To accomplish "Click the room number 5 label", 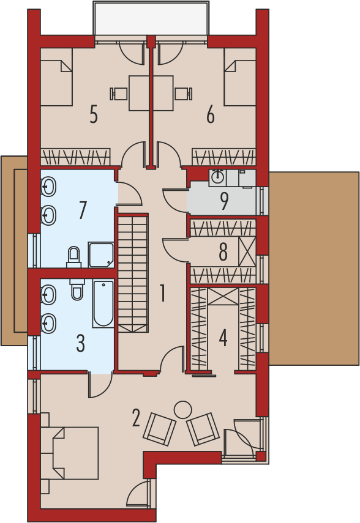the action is coord(94,114).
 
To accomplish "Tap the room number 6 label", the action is coord(211,114).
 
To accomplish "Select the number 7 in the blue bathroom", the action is coord(83,210).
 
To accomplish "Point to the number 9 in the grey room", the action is coord(224,201).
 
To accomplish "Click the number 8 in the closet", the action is coord(223,252).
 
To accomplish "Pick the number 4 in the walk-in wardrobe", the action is coord(223,338).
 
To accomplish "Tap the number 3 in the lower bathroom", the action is coord(80,343).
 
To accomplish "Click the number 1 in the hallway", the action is coord(163,293).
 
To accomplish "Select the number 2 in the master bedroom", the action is coord(135,418).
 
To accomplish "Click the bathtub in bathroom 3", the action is coord(103,304).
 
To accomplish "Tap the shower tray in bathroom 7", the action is coord(101,255).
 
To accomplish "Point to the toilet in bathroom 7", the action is coord(74,257).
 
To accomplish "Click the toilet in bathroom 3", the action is coord(77,289).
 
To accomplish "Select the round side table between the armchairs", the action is coord(182,410).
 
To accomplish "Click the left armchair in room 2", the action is coord(160,429).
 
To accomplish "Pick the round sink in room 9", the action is coord(218,177).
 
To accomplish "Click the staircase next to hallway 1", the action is coord(133,274).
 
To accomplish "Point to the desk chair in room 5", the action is coord(119,94).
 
